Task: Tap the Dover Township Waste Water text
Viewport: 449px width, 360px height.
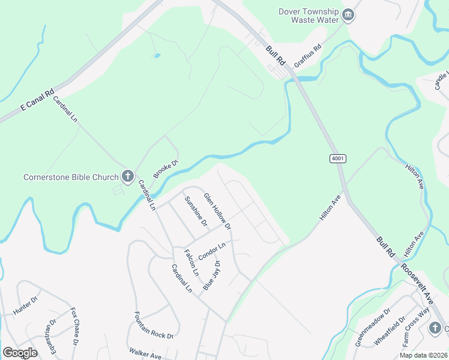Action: tap(307, 15)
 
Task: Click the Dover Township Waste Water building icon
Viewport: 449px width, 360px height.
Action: tap(348, 14)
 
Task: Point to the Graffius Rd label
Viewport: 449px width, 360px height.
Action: tap(308, 55)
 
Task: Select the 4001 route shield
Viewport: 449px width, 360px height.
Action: tap(338, 158)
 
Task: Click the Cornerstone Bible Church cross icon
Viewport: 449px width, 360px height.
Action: tap(128, 176)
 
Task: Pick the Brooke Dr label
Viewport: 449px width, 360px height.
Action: tap(166, 169)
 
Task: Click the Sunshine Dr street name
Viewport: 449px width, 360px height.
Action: tap(196, 211)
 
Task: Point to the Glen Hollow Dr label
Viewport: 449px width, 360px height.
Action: tap(217, 211)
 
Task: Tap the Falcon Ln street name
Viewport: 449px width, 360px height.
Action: tap(191, 262)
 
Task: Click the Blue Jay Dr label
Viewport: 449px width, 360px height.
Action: tap(211, 275)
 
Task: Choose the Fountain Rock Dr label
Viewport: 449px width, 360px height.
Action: tap(154, 325)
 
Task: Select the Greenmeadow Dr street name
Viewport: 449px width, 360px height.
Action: tap(373, 327)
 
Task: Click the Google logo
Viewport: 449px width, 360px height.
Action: tap(20, 353)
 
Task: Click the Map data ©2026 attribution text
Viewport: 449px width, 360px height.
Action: tap(423, 355)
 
